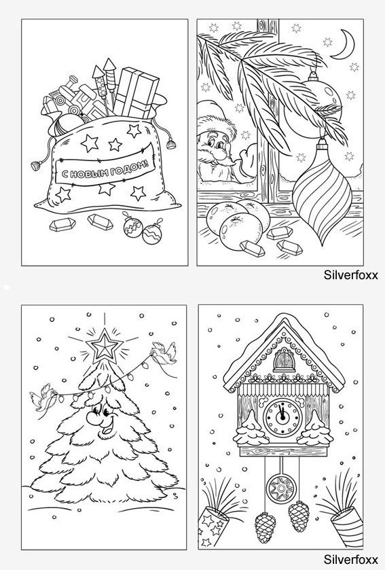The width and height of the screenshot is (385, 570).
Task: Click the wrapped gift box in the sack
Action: tap(136, 92)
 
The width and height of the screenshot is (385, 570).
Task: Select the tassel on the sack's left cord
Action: tap(35, 166)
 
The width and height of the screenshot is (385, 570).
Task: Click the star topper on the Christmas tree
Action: tap(105, 345)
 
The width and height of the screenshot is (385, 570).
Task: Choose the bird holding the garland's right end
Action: tap(164, 353)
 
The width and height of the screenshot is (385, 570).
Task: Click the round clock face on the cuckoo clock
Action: tap(282, 417)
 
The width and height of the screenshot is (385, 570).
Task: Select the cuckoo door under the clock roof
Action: tap(284, 359)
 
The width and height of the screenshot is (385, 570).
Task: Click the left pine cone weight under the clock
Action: tap(265, 527)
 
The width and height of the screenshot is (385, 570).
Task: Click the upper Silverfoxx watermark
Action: tap(351, 275)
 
